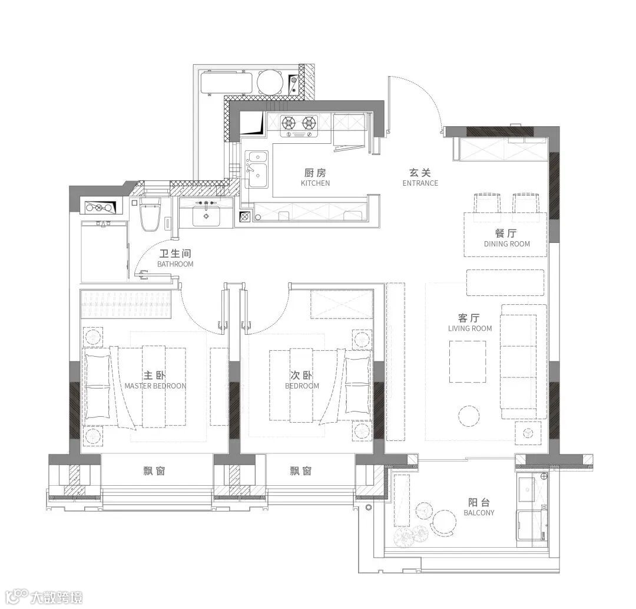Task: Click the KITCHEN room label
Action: pos(315,183)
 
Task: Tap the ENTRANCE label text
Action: pos(420,183)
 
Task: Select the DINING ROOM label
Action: pos(507,244)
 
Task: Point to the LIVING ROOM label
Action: pos(470,328)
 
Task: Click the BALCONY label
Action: pos(479,513)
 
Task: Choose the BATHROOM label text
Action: pos(175,264)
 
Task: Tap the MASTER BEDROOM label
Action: pos(155,386)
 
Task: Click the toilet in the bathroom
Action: pos(150,214)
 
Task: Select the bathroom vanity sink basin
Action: pos(206,216)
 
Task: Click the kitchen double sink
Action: pos(257,169)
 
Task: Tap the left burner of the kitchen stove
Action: pos(289,121)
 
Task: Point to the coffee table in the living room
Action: pos(468,361)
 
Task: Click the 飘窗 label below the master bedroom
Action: pos(154,471)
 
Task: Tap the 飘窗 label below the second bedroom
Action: pos(301,471)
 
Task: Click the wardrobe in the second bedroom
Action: pos(342,304)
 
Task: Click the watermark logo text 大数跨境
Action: pos(57,598)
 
